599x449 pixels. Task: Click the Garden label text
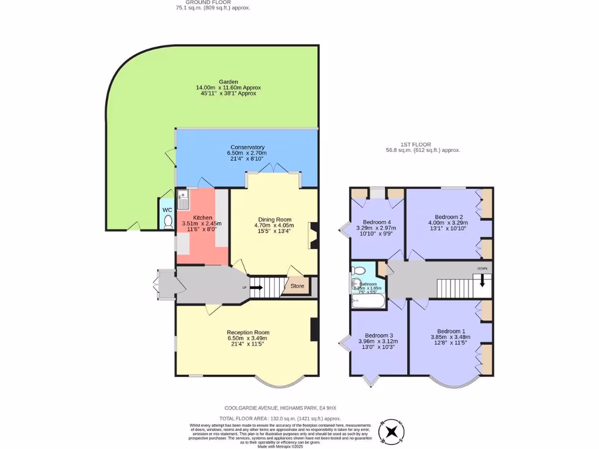point(228,82)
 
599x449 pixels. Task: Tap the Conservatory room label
point(247,147)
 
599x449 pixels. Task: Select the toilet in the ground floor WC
point(168,221)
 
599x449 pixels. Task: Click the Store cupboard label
point(297,286)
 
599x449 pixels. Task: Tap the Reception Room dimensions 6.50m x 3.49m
point(247,338)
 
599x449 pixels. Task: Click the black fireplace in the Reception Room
point(314,329)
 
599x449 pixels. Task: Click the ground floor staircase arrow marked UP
point(256,287)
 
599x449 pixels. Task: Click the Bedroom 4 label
point(377,222)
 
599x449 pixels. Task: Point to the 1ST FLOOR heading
point(415,144)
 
